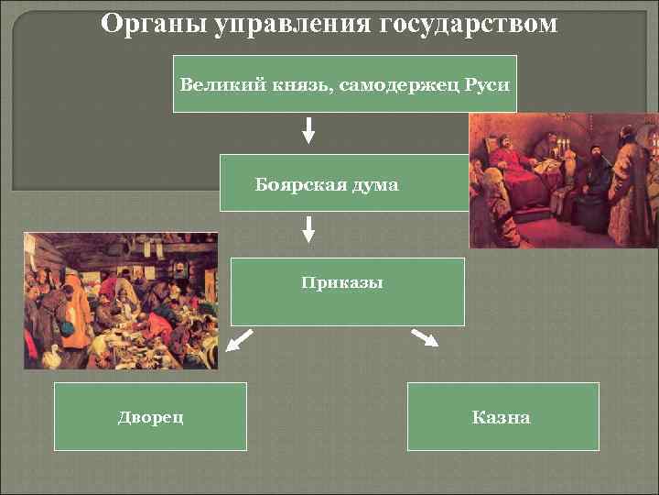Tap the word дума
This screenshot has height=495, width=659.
374,185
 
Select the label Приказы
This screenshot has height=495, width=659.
342,283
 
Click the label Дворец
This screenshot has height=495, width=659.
150,418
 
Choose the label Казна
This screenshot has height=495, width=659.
501,418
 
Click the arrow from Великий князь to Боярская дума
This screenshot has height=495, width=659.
308,130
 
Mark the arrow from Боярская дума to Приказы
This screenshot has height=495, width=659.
308,229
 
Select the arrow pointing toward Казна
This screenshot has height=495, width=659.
426,338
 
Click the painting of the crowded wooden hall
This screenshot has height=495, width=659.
121,301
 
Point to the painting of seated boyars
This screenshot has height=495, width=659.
563,181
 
